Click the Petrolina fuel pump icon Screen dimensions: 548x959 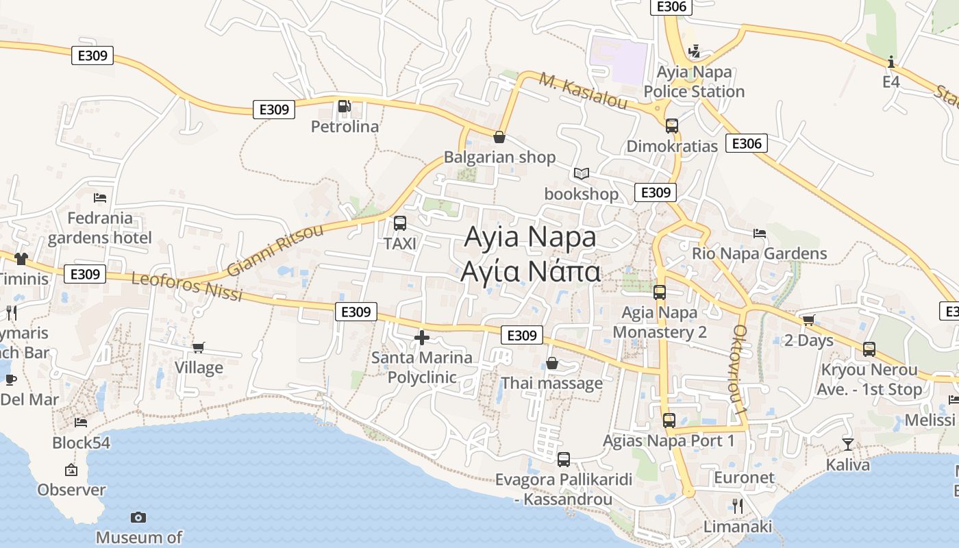tap(344, 107)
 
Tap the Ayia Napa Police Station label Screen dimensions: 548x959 tap(694, 82)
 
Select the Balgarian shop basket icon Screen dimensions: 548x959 tap(499, 137)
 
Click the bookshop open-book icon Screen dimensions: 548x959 tap(582, 174)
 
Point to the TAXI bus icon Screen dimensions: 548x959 tap(399, 223)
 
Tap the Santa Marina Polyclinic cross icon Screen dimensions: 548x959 tap(422, 337)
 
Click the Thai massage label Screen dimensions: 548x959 tap(552, 383)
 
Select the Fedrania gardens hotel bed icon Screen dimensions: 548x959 tap(100, 198)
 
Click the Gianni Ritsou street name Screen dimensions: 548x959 tap(275, 249)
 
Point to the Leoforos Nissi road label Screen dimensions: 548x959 tap(186, 287)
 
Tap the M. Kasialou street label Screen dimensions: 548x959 tap(583, 90)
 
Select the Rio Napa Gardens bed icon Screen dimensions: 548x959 tap(759, 234)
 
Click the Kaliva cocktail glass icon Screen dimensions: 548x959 tap(848, 445)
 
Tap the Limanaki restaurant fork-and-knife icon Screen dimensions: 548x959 tap(738, 506)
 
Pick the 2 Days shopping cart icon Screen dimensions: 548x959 tap(809, 320)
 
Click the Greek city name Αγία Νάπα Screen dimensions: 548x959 tap(531, 272)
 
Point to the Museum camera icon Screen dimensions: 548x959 tap(138, 517)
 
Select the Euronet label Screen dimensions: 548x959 tap(744, 477)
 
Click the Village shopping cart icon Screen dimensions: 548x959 tap(199, 347)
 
